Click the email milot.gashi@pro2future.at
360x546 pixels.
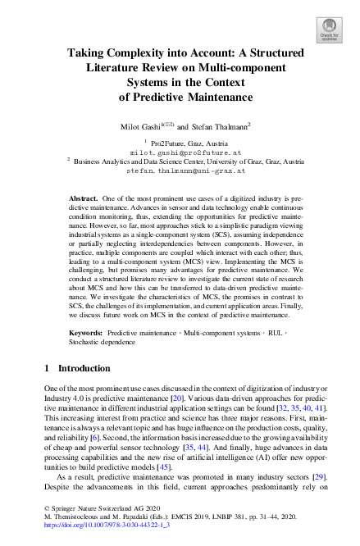click(180, 152)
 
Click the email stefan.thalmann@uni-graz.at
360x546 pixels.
click(180, 171)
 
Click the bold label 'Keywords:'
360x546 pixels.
click(88, 334)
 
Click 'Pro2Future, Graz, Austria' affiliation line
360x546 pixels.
click(185, 143)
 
